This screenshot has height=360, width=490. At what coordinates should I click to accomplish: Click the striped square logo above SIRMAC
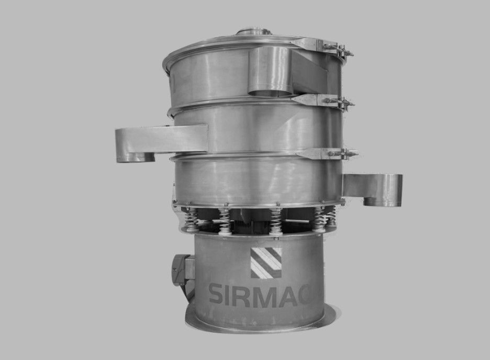point(266,262)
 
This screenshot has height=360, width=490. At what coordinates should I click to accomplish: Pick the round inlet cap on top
point(253,31)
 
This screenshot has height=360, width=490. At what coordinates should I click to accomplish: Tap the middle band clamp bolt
point(339,102)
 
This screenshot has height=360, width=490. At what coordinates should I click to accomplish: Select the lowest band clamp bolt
point(342,154)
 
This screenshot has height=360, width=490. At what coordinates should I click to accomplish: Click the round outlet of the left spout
point(136,157)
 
